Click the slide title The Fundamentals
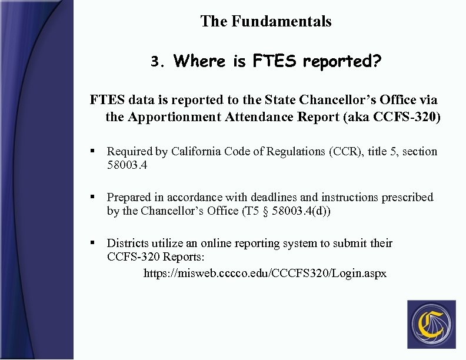coord(265,22)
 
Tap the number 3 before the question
coord(155,62)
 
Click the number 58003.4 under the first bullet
coord(127,165)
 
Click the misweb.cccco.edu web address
coord(265,274)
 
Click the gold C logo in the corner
coord(431,324)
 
